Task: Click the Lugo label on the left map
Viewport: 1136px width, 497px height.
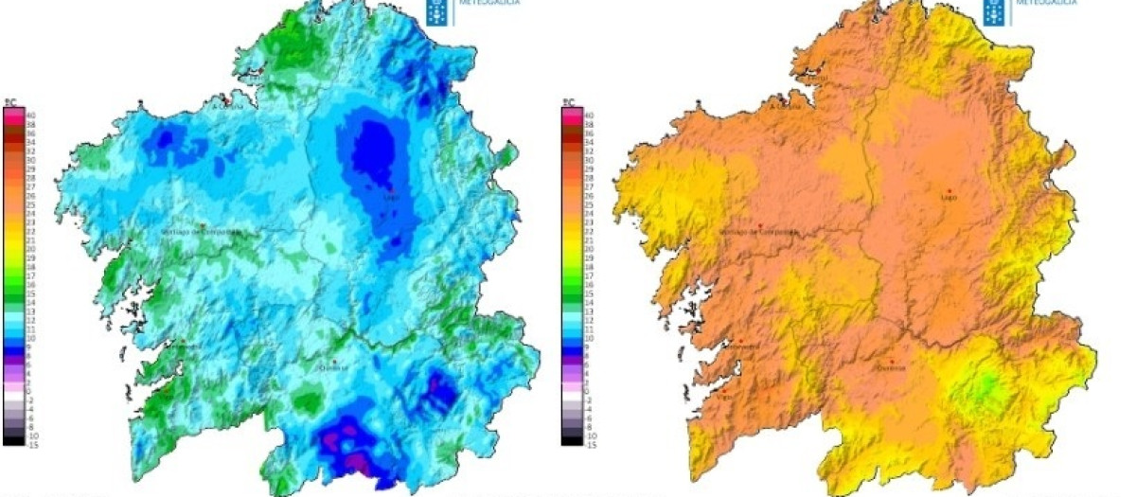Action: point(391,198)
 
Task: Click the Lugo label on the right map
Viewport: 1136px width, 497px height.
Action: point(949,198)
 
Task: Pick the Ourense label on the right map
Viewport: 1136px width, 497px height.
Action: point(893,367)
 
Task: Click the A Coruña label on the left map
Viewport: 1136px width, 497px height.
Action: point(227,106)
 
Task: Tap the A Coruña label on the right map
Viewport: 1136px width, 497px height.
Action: point(785,106)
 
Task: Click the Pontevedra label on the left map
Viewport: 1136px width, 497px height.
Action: point(186,346)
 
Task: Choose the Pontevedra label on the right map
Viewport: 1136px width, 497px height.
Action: point(743,346)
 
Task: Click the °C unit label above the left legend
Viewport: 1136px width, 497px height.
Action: point(10,102)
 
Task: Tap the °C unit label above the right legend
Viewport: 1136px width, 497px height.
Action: point(568,102)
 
